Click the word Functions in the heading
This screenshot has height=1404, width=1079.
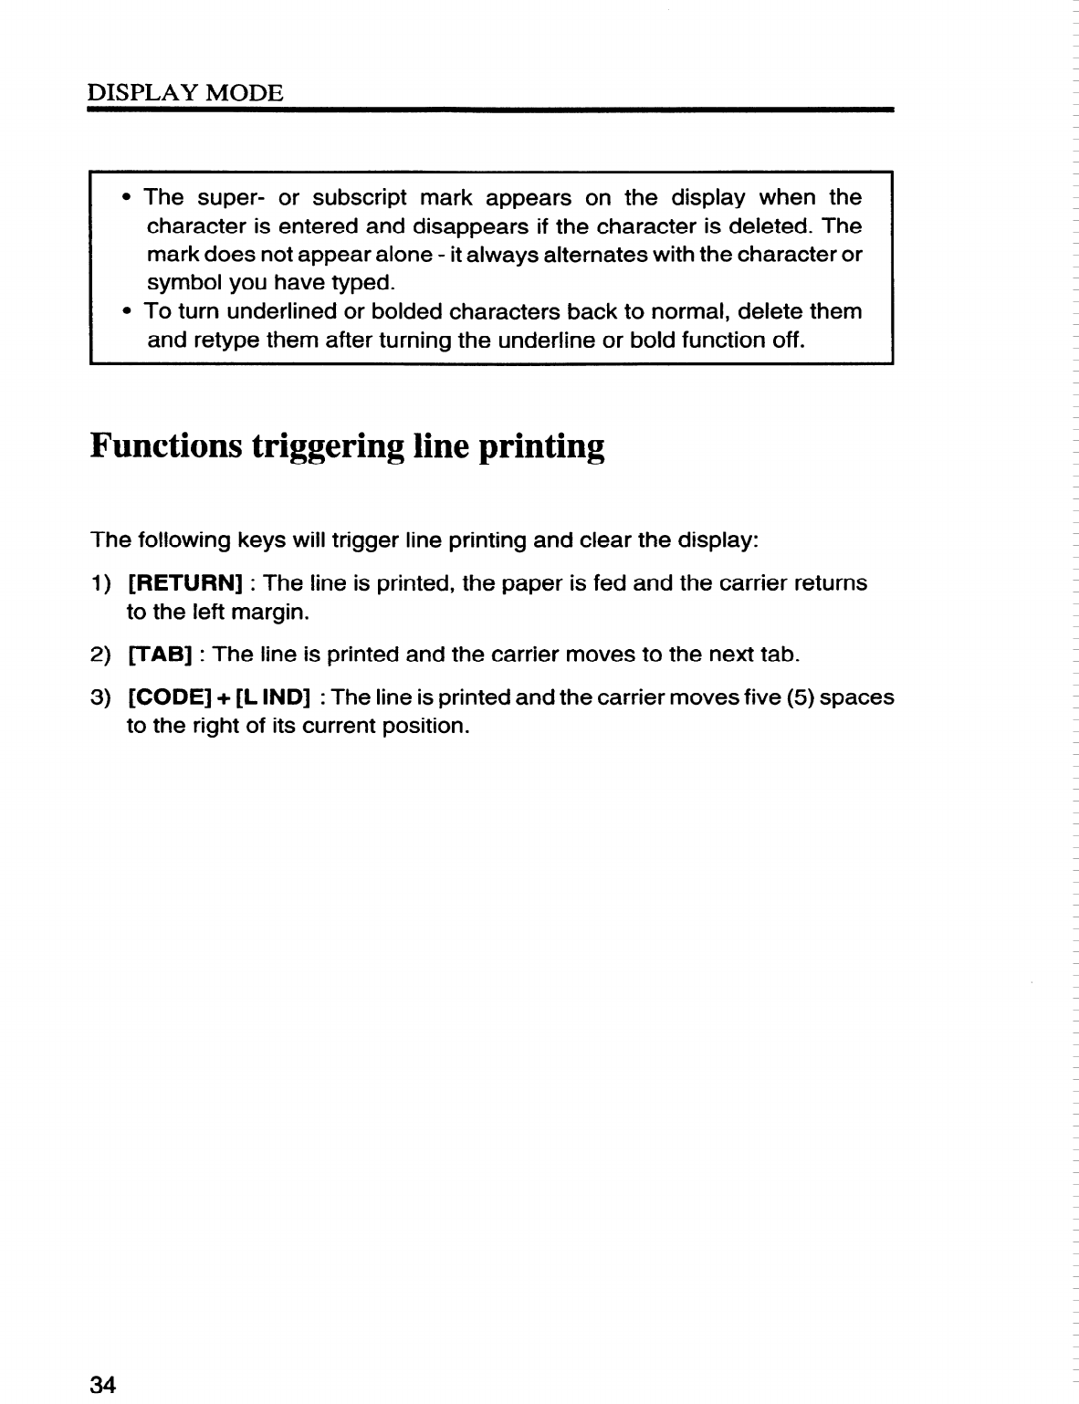pos(166,446)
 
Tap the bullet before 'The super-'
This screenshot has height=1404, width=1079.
pos(126,197)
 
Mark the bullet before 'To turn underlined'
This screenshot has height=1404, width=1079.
pos(126,311)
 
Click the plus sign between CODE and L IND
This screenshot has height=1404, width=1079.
pos(223,698)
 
